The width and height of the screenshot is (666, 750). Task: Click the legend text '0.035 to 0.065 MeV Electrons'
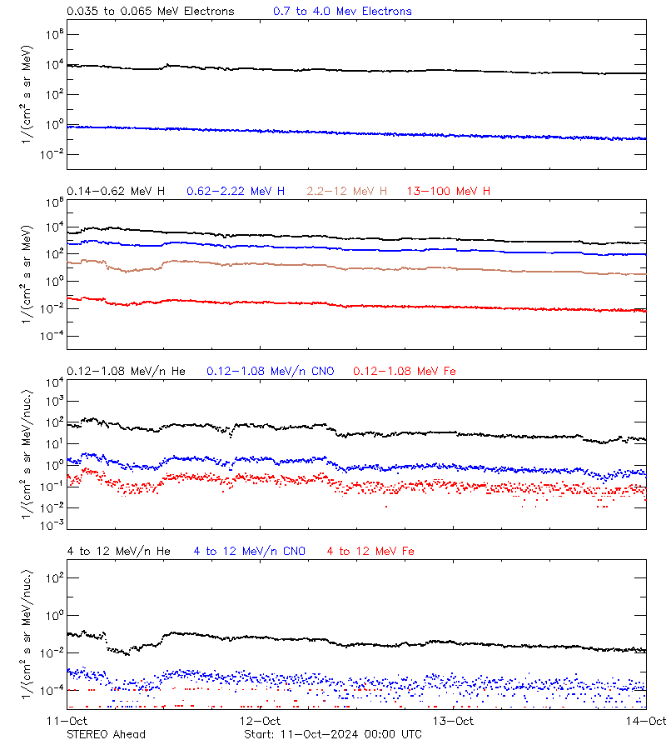[150, 12]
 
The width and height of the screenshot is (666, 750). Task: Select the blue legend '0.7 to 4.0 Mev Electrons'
[341, 12]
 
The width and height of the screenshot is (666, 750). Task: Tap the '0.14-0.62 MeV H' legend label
[116, 192]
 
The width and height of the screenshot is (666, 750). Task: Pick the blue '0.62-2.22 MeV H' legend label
[236, 192]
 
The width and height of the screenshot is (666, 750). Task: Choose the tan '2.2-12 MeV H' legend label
[347, 192]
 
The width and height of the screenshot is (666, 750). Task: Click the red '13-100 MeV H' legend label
[449, 192]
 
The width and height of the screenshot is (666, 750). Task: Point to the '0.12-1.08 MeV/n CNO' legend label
[270, 371]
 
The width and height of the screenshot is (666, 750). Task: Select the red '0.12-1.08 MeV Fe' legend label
[405, 371]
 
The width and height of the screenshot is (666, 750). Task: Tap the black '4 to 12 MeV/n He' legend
[118, 551]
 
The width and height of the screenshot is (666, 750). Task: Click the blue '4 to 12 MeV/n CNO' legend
[249, 551]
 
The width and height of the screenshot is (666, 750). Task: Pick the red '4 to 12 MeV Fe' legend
[370, 551]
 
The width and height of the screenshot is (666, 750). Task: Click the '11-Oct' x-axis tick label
[67, 721]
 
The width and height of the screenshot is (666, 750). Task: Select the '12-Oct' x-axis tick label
[260, 721]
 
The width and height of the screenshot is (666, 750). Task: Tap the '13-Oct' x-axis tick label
[453, 721]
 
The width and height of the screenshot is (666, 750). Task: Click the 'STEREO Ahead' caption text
[106, 734]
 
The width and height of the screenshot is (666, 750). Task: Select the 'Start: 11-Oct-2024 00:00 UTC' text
[333, 734]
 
